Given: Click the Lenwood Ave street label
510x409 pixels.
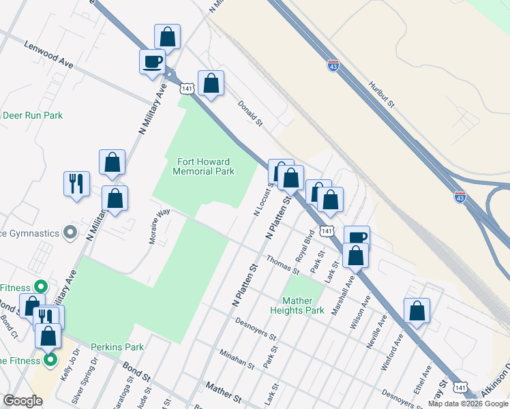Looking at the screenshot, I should coord(48,54).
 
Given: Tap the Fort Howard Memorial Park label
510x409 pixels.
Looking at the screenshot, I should coord(204,166).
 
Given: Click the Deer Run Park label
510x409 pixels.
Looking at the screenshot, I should coord(33,115).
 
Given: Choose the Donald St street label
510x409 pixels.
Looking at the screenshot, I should coord(250,114).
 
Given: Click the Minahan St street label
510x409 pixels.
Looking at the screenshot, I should coord(237,361).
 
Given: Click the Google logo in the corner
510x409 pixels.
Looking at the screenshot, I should coord(22,401).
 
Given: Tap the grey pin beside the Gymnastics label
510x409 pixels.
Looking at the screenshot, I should coord(70,233).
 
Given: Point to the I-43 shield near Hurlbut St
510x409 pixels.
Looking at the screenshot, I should coord(333,66).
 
